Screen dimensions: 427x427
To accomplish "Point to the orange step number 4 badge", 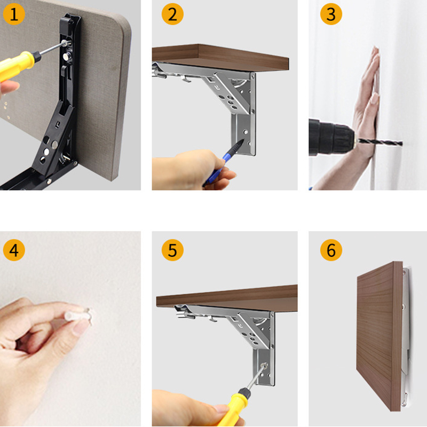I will (x=14, y=250).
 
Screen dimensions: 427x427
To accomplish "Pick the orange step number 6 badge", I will (x=331, y=250).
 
